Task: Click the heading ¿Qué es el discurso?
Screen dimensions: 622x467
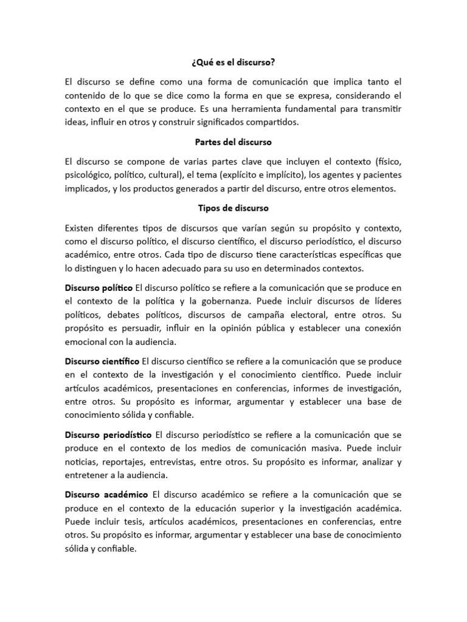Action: (x=233, y=63)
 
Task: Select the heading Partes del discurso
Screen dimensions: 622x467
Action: (x=233, y=142)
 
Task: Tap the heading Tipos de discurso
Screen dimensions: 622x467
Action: (x=233, y=208)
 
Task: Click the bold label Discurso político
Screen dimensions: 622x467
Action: (x=99, y=287)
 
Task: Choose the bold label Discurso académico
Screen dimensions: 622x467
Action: (x=106, y=494)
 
